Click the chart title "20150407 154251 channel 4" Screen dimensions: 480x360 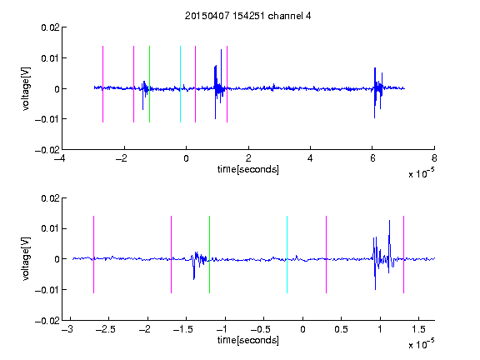click(247, 16)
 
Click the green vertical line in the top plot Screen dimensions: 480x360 click(149, 84)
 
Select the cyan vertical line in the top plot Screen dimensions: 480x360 click(180, 84)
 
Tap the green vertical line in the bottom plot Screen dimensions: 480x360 click(209, 254)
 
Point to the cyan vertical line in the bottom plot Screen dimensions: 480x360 click(287, 254)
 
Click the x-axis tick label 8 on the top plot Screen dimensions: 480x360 click(434, 158)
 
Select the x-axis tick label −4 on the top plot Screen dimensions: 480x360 click(59, 158)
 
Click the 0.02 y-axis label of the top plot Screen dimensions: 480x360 click(50, 27)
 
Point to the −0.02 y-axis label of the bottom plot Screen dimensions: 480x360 click(47, 321)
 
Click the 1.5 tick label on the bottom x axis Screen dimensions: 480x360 click(418, 329)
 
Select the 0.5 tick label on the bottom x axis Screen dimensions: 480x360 click(341, 329)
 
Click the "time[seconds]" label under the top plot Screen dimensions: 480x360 click(248, 169)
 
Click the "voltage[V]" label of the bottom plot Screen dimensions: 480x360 click(26, 258)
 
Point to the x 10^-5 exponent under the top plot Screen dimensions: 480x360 click(421, 173)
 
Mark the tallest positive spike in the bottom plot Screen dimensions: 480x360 click(389, 221)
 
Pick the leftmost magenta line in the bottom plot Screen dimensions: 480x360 click(93, 254)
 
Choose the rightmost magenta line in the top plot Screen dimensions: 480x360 click(227, 84)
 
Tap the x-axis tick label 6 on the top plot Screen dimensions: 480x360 click(372, 158)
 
